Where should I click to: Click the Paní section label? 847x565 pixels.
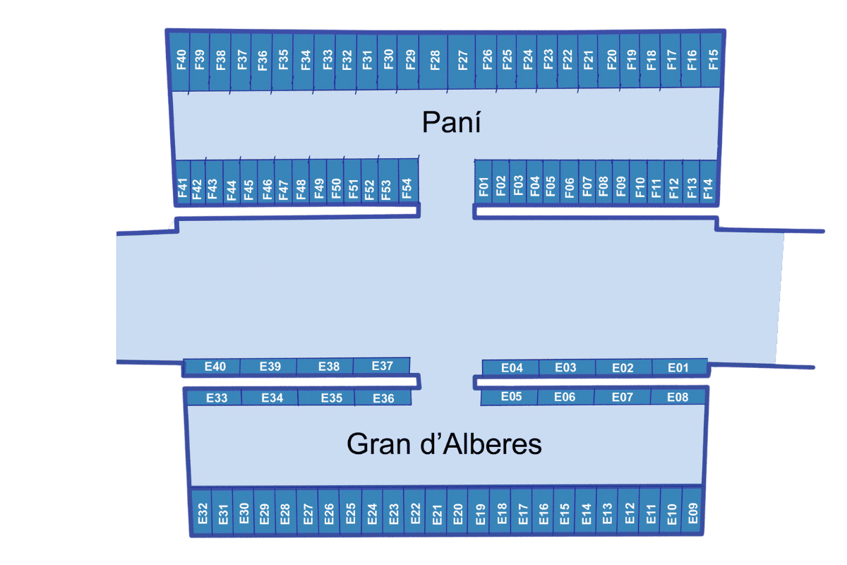(x=451, y=122)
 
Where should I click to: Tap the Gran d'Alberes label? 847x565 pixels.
(x=444, y=444)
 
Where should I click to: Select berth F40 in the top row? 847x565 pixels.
(x=181, y=61)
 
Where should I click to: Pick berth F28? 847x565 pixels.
(x=435, y=61)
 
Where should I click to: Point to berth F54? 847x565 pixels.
(x=407, y=186)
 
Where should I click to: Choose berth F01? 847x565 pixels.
(x=483, y=186)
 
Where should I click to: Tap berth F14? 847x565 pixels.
(x=709, y=186)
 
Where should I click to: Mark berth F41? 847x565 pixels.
(x=182, y=187)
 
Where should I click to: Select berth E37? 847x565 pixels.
(x=382, y=365)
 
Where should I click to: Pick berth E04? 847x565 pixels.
(x=512, y=367)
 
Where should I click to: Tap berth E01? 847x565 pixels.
(x=678, y=367)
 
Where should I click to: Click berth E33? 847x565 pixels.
(x=217, y=398)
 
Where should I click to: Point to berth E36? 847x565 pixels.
(x=383, y=398)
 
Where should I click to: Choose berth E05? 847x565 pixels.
(x=511, y=397)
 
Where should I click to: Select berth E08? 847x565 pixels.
(x=678, y=397)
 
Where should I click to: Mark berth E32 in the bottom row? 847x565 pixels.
(x=202, y=513)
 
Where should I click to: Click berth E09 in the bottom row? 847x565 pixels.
(x=692, y=513)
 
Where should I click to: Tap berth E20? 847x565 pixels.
(x=458, y=513)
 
